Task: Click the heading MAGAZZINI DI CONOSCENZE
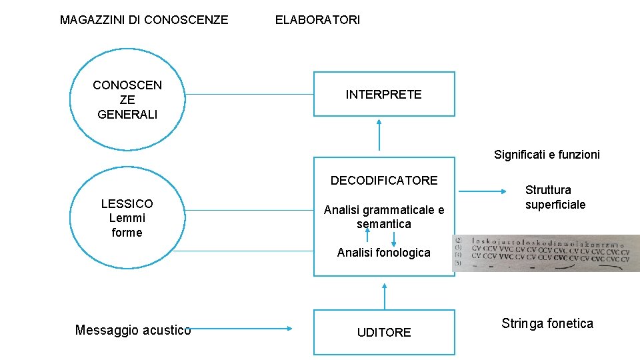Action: pyautogui.click(x=144, y=20)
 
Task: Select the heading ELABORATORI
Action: pyautogui.click(x=317, y=20)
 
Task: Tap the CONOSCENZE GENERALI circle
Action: pyautogui.click(x=127, y=99)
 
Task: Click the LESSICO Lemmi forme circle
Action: pyautogui.click(x=127, y=218)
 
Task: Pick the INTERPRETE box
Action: pyautogui.click(x=384, y=94)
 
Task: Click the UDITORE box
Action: pyautogui.click(x=384, y=332)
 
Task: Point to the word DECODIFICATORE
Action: pyautogui.click(x=384, y=180)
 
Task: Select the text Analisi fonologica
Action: pyautogui.click(x=384, y=253)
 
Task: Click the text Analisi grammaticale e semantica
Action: pyautogui.click(x=384, y=217)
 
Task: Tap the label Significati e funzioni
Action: pyautogui.click(x=547, y=155)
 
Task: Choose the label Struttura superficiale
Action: pyautogui.click(x=555, y=197)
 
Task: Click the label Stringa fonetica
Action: pyautogui.click(x=547, y=324)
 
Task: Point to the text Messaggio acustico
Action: pyautogui.click(x=133, y=330)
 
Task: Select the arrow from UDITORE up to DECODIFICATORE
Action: pyautogui.click(x=385, y=293)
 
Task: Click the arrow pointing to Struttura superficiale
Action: pyautogui.click(x=483, y=192)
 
